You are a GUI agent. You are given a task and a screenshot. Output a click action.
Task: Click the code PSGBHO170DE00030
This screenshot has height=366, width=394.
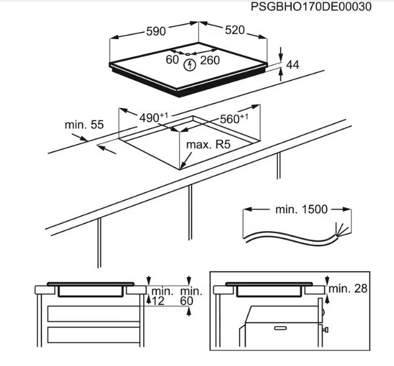click(x=311, y=7)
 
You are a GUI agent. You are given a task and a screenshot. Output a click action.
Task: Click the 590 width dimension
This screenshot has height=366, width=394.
click(x=156, y=32)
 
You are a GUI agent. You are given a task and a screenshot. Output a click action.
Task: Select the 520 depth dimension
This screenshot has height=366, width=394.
click(x=235, y=30)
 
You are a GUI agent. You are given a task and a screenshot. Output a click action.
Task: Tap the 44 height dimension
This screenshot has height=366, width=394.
click(x=293, y=65)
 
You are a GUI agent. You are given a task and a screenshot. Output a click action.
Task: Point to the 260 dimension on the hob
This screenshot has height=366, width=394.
click(x=210, y=60)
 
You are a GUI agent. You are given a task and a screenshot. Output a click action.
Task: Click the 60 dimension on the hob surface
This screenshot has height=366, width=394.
click(x=172, y=60)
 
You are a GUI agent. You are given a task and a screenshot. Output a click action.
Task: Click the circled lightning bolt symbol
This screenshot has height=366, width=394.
click(x=190, y=65)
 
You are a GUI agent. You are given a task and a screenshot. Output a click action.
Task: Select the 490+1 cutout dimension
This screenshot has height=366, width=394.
click(x=153, y=117)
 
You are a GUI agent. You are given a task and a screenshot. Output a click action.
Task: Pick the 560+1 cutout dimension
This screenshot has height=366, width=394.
click(x=234, y=119)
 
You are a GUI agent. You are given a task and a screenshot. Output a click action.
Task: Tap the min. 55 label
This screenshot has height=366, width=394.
click(x=84, y=125)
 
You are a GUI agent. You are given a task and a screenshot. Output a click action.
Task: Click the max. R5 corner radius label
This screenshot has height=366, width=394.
click(x=208, y=145)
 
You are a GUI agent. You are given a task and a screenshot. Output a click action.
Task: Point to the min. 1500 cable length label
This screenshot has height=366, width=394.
click(x=302, y=209)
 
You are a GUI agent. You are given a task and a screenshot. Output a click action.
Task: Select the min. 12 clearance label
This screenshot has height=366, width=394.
click(x=163, y=296)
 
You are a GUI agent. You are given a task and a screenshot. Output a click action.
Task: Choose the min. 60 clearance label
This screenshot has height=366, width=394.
click(x=191, y=296)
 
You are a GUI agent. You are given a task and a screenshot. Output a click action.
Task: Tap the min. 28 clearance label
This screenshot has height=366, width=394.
click(x=347, y=289)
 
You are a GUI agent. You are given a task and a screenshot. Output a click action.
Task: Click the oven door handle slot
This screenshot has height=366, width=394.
click(x=280, y=328)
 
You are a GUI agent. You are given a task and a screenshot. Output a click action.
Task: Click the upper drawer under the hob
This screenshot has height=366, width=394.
click(x=94, y=314)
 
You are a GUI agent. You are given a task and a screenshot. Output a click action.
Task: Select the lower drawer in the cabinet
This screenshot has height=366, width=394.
click(x=94, y=335)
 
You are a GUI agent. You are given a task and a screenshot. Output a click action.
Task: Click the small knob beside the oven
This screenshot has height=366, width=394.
click(x=326, y=329)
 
